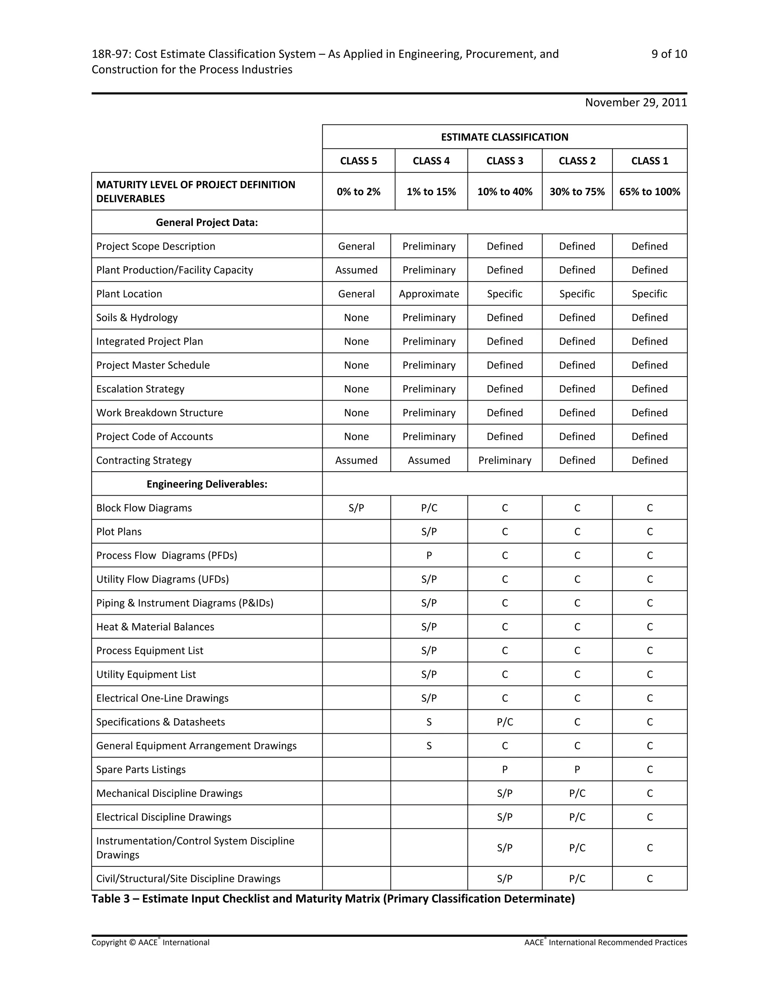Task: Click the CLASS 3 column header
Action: coord(504,161)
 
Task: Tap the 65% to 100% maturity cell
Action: coord(649,192)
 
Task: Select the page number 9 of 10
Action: coord(669,54)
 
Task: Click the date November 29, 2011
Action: coord(636,102)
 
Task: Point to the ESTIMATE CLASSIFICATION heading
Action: coord(504,137)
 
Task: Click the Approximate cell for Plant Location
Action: coord(429,294)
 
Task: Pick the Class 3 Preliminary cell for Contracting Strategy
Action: coord(504,460)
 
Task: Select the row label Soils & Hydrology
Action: coord(137,318)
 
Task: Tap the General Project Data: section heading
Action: coord(207,223)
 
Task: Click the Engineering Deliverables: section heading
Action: coord(207,484)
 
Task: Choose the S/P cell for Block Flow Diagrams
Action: coord(356,508)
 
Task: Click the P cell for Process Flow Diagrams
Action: coord(429,556)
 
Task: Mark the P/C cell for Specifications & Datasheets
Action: coord(504,722)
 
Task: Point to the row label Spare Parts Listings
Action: coord(141,770)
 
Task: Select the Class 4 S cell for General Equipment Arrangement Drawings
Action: coord(429,746)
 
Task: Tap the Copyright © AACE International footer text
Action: coord(150,943)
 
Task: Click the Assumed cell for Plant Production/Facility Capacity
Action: coord(356,270)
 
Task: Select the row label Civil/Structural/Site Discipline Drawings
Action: coord(188,879)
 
